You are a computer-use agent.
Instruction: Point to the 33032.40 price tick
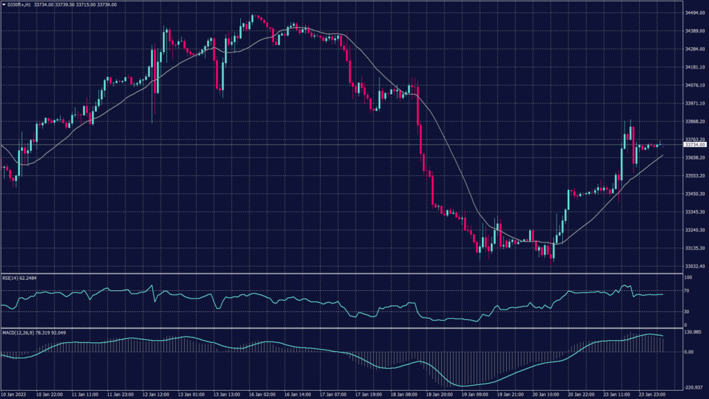(694, 266)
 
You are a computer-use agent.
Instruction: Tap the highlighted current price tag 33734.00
(694, 145)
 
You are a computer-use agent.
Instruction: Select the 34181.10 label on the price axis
(694, 68)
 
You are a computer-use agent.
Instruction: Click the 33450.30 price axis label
(694, 194)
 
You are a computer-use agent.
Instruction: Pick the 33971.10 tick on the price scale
(694, 104)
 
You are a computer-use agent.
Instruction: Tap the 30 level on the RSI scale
(688, 312)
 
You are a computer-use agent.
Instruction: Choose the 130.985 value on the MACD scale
(693, 332)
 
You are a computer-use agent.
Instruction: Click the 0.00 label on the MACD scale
(690, 352)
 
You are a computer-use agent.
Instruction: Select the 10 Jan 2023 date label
(15, 395)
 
